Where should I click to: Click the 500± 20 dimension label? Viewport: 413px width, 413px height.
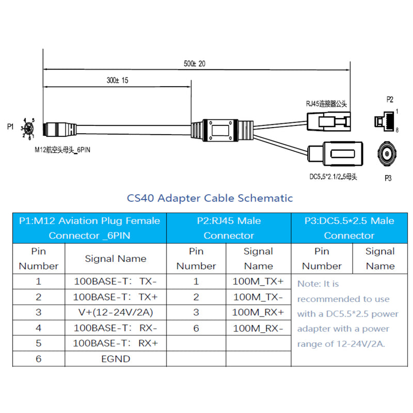click(x=195, y=63)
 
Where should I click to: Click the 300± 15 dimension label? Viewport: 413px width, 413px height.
click(x=118, y=81)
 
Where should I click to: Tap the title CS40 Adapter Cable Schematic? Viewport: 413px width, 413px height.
click(x=210, y=198)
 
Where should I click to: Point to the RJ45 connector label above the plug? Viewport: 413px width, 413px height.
click(x=326, y=103)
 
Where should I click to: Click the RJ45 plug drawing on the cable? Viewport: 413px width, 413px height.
click(x=329, y=121)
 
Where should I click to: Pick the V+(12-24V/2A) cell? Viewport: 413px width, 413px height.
click(x=115, y=313)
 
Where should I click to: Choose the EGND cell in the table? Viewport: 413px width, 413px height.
click(x=115, y=359)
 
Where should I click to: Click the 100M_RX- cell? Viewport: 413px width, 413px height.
click(x=258, y=328)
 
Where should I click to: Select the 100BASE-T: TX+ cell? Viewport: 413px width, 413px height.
click(x=115, y=297)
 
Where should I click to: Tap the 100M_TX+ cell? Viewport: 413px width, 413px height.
click(x=258, y=282)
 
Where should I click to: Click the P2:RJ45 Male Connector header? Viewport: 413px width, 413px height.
click(x=229, y=228)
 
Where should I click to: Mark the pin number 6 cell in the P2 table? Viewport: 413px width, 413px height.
click(x=196, y=328)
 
